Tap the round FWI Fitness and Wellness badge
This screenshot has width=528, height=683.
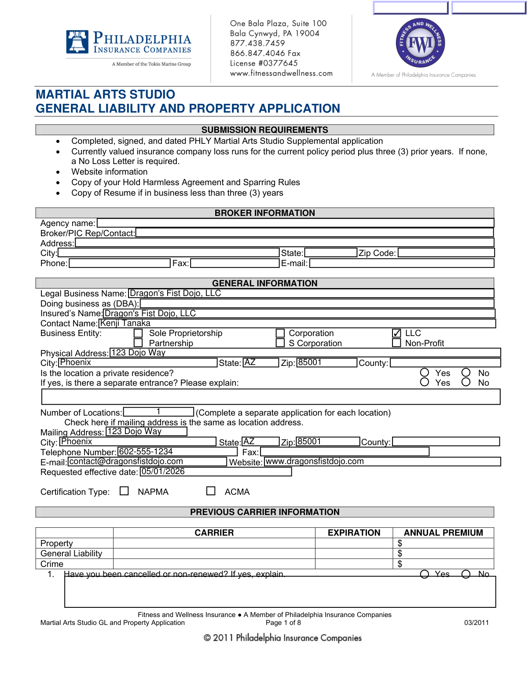[x=420, y=43]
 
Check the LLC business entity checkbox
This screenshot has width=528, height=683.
[x=396, y=333]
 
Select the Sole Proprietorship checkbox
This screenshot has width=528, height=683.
[x=138, y=333]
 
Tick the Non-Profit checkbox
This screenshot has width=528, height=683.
[x=396, y=343]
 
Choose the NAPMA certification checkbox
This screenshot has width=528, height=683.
[x=125, y=491]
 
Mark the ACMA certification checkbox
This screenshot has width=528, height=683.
[x=211, y=491]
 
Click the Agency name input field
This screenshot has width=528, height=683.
[x=295, y=223]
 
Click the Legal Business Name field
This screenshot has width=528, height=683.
[x=311, y=293]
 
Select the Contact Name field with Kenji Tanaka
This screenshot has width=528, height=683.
[x=297, y=323]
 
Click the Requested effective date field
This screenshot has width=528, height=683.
[x=216, y=471]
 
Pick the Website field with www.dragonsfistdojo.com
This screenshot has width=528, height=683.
[x=382, y=461]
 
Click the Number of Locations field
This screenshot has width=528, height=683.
[x=158, y=412]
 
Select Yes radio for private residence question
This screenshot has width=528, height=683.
[x=425, y=373]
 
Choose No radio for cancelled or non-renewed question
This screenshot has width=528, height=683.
[x=466, y=574]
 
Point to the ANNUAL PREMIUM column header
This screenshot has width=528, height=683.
[x=443, y=533]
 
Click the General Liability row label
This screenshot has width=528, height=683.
[x=71, y=553]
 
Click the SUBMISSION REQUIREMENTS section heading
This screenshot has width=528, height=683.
[x=264, y=130]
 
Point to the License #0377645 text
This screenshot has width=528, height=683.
[x=264, y=63]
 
